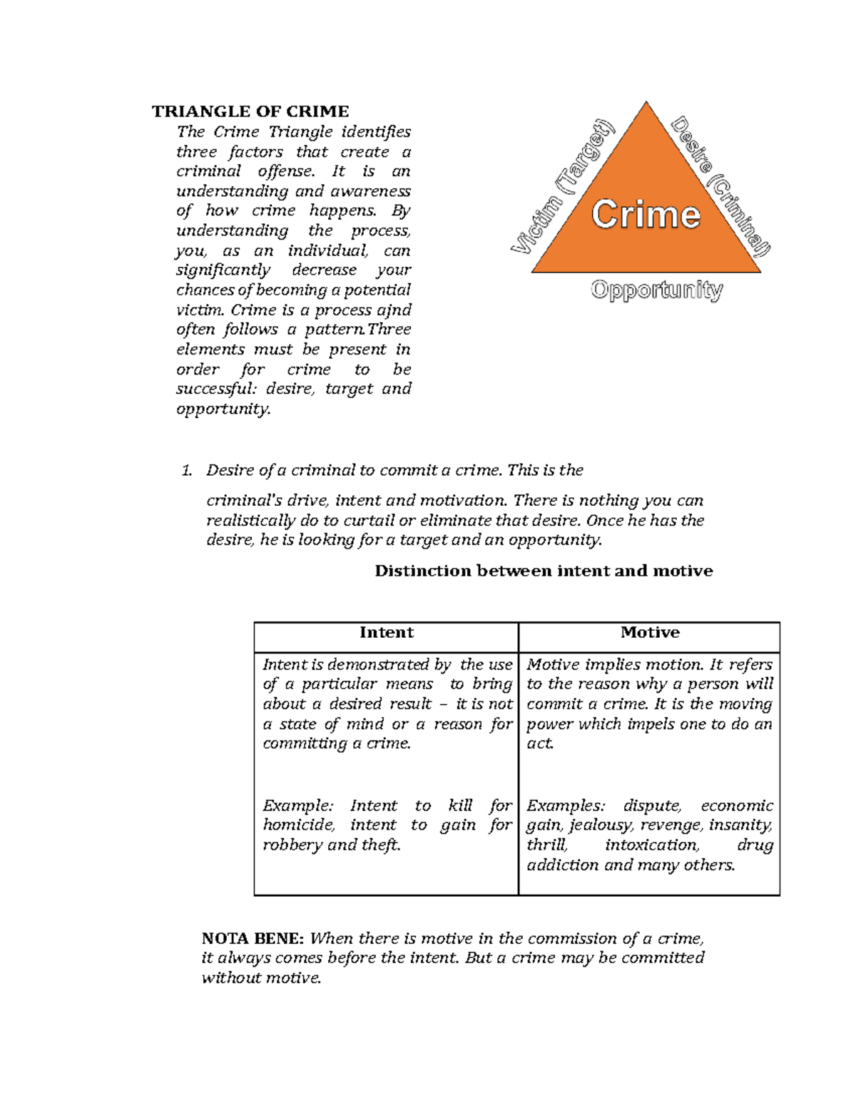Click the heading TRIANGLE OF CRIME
pyautogui.click(x=250, y=111)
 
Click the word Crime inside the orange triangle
pyautogui.click(x=646, y=215)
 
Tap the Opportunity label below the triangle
pyautogui.click(x=656, y=290)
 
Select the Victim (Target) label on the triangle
pyautogui.click(x=561, y=187)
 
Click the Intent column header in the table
pyautogui.click(x=386, y=633)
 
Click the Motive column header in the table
pyautogui.click(x=650, y=633)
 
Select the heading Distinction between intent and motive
pyautogui.click(x=544, y=571)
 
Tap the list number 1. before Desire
pyautogui.click(x=187, y=470)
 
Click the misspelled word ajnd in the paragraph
pyautogui.click(x=394, y=310)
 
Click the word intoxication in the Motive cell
pyautogui.click(x=652, y=845)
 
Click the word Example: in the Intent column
pyautogui.click(x=297, y=805)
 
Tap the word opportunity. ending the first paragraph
pyautogui.click(x=223, y=410)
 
